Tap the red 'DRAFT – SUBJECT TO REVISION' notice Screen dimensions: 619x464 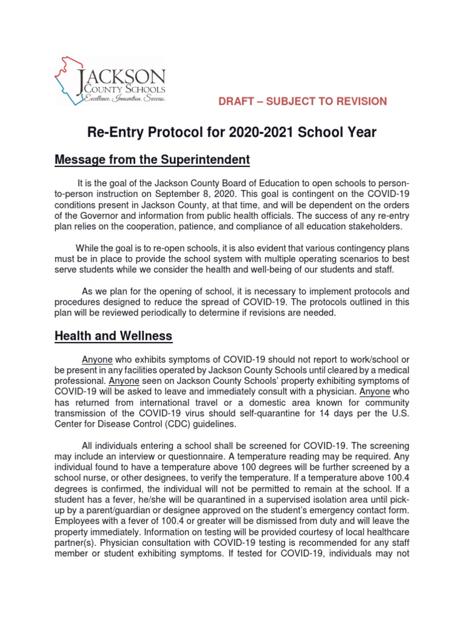303,101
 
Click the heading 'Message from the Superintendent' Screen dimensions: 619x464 152,160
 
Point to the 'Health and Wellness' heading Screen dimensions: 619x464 113,335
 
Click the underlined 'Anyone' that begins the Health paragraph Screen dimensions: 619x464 97,359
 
